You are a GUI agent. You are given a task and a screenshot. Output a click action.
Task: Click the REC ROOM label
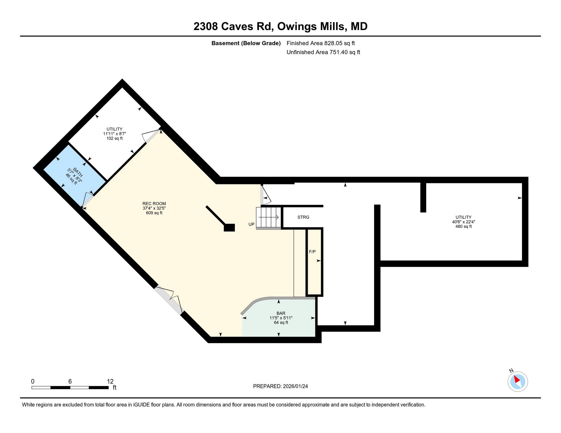[154, 204]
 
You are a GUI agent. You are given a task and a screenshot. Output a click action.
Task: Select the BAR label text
[281, 313]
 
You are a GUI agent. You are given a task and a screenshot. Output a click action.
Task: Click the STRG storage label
[303, 217]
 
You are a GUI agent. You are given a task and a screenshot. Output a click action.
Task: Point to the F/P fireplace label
[312, 252]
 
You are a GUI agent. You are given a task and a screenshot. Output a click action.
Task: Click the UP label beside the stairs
[251, 224]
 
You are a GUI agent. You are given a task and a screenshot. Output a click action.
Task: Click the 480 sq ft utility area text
[463, 227]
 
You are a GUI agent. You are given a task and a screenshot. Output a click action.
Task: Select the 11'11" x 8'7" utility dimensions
[115, 134]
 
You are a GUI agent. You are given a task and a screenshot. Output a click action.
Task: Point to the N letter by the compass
[511, 371]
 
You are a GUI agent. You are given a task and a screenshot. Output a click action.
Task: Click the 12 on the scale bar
[110, 382]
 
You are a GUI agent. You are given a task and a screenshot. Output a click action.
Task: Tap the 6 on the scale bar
[70, 382]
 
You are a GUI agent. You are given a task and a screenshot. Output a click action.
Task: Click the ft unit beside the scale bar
[115, 388]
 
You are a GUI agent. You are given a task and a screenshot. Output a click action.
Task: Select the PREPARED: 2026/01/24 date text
[280, 386]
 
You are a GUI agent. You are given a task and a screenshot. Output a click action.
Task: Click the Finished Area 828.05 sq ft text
[321, 43]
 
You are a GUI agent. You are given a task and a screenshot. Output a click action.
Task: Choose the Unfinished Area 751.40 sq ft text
[323, 52]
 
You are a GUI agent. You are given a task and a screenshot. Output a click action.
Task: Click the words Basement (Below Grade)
[246, 43]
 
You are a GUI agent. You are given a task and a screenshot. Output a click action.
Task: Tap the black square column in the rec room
[229, 228]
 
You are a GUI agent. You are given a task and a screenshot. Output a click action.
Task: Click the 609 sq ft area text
[154, 213]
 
